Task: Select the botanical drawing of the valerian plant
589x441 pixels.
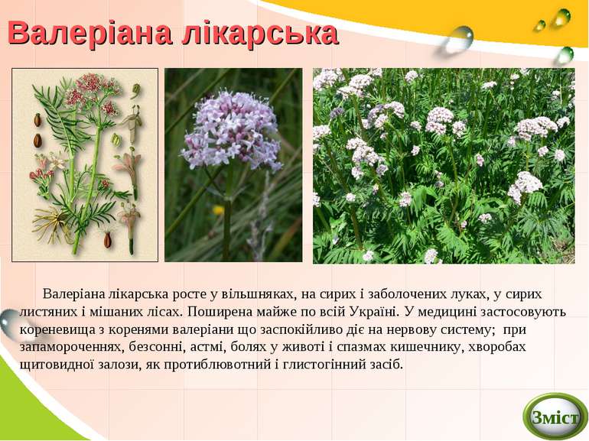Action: tap(85, 164)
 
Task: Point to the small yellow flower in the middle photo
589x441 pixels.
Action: tap(219, 209)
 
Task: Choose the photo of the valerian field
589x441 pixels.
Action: tap(443, 165)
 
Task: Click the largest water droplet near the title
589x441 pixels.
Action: tap(459, 38)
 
